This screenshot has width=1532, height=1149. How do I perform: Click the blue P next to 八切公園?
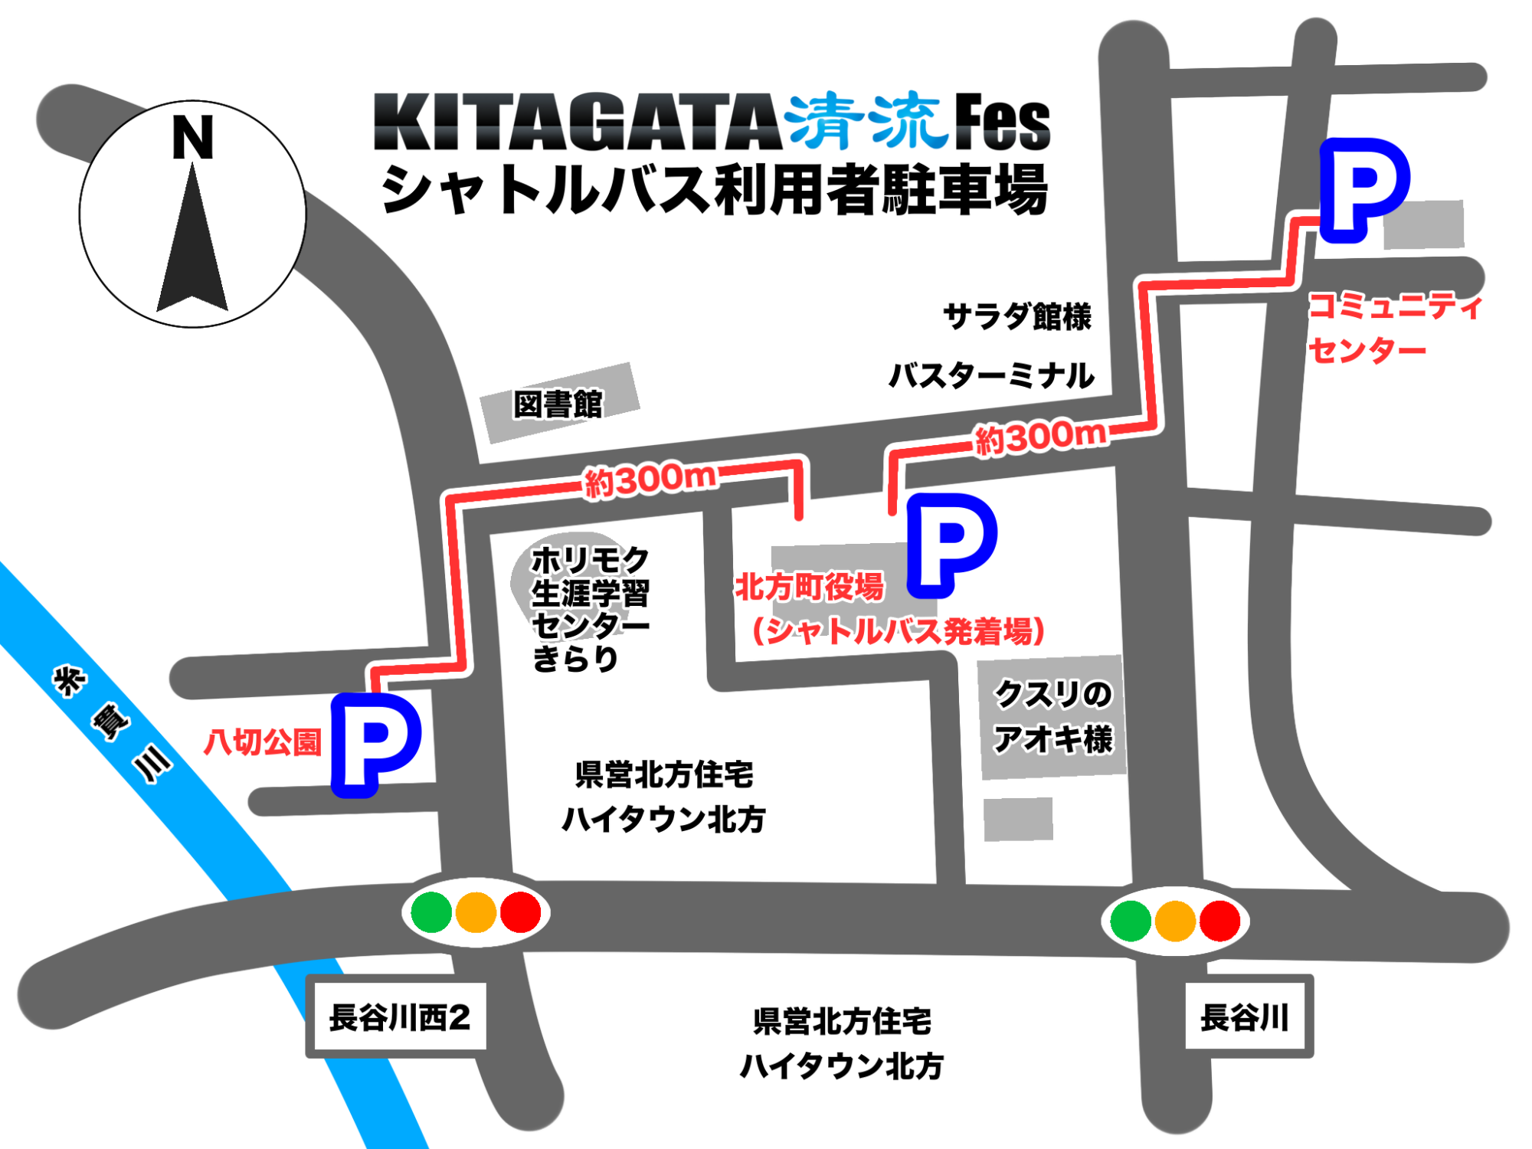point(375,744)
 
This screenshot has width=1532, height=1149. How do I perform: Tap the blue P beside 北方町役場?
point(951,545)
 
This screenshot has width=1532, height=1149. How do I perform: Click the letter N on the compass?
point(192,138)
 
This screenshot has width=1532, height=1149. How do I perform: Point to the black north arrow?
point(192,245)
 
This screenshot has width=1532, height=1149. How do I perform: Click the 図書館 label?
point(558,404)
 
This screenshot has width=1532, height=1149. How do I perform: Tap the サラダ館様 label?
point(1017,316)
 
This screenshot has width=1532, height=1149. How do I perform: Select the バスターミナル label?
point(991,375)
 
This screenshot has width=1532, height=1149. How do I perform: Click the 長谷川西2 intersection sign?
point(398,1018)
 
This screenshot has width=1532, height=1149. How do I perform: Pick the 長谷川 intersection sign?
point(1246,1017)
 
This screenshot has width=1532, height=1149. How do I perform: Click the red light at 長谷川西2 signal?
point(521,912)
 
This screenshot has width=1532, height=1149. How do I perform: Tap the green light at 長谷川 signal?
point(1131,921)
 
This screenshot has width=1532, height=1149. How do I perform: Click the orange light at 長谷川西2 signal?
point(476,912)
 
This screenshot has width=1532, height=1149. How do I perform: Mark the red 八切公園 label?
point(262,742)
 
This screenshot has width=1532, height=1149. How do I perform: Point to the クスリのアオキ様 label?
point(1052,717)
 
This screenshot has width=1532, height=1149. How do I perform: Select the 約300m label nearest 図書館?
point(650,480)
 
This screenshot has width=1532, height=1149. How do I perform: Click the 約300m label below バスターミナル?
point(1041,437)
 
